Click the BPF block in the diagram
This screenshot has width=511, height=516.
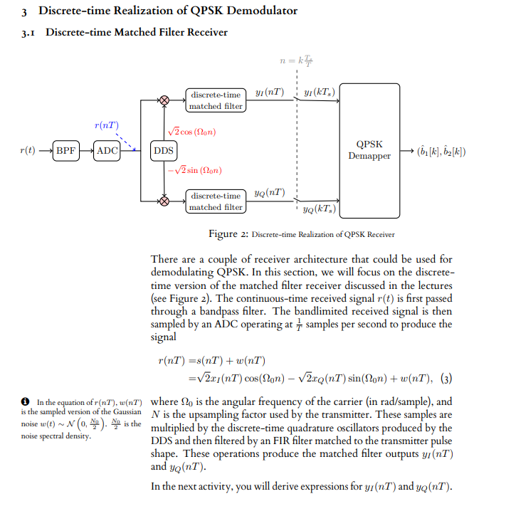point(65,151)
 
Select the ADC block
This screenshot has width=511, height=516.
point(107,151)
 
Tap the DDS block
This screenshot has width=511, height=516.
point(164,151)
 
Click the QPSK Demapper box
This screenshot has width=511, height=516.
point(369,150)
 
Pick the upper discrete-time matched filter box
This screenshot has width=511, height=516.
point(216,100)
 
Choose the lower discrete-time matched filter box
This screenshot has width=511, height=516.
point(216,201)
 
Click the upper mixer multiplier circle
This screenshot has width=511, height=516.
point(164,101)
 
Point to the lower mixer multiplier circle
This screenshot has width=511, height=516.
point(164,201)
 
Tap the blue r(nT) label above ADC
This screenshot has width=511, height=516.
point(106,125)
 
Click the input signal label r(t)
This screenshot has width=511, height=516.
point(28,151)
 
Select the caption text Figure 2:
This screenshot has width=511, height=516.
point(228,234)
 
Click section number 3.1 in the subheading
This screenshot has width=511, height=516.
point(29,33)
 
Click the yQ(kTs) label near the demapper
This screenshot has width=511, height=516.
point(316,209)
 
